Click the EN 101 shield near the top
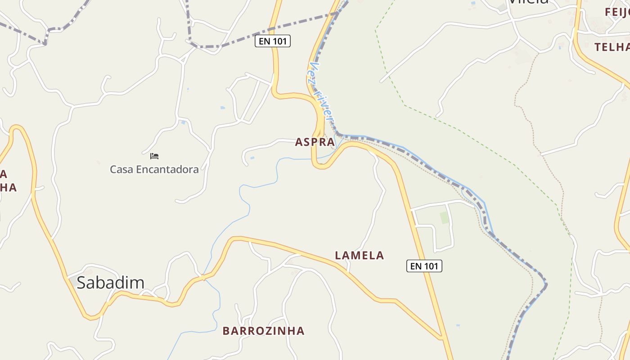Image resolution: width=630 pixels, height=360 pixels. (273, 41)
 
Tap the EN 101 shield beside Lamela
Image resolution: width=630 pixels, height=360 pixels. (424, 266)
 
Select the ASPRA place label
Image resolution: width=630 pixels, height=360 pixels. (315, 142)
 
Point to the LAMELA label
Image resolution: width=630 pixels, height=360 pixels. (359, 256)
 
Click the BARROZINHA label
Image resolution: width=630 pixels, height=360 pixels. (263, 331)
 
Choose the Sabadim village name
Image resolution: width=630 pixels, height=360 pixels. (110, 283)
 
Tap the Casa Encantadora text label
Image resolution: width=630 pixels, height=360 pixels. (154, 170)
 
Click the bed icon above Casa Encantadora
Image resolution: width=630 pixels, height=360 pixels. (154, 156)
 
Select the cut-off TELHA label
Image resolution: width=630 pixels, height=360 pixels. (612, 47)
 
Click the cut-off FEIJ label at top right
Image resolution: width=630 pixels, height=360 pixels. (617, 12)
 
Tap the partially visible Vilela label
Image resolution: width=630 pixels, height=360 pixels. (528, 2)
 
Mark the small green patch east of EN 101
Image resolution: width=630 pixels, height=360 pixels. (445, 218)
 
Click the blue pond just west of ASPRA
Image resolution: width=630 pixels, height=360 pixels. (252, 157)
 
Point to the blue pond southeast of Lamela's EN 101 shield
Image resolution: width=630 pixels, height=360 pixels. (458, 325)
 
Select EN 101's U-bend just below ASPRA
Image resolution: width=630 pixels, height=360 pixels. (320, 166)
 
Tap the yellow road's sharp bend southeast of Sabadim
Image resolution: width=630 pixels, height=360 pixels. (91, 317)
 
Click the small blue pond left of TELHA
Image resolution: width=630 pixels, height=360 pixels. (560, 46)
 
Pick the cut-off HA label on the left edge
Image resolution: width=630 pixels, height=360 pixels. (8, 188)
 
